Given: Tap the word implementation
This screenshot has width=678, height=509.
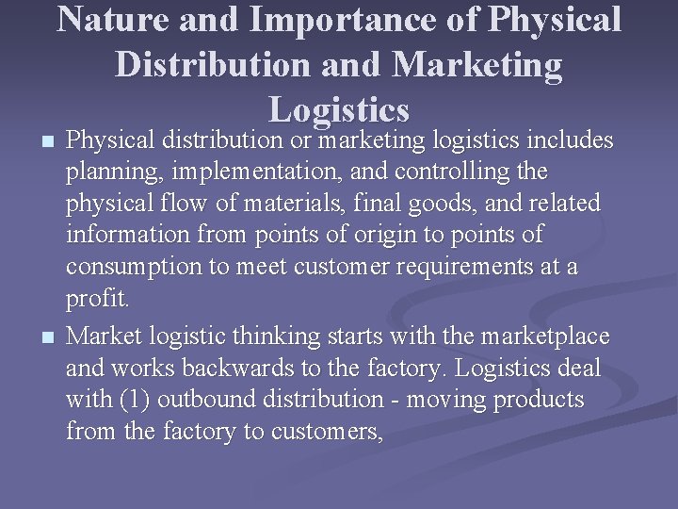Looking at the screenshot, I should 233,173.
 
